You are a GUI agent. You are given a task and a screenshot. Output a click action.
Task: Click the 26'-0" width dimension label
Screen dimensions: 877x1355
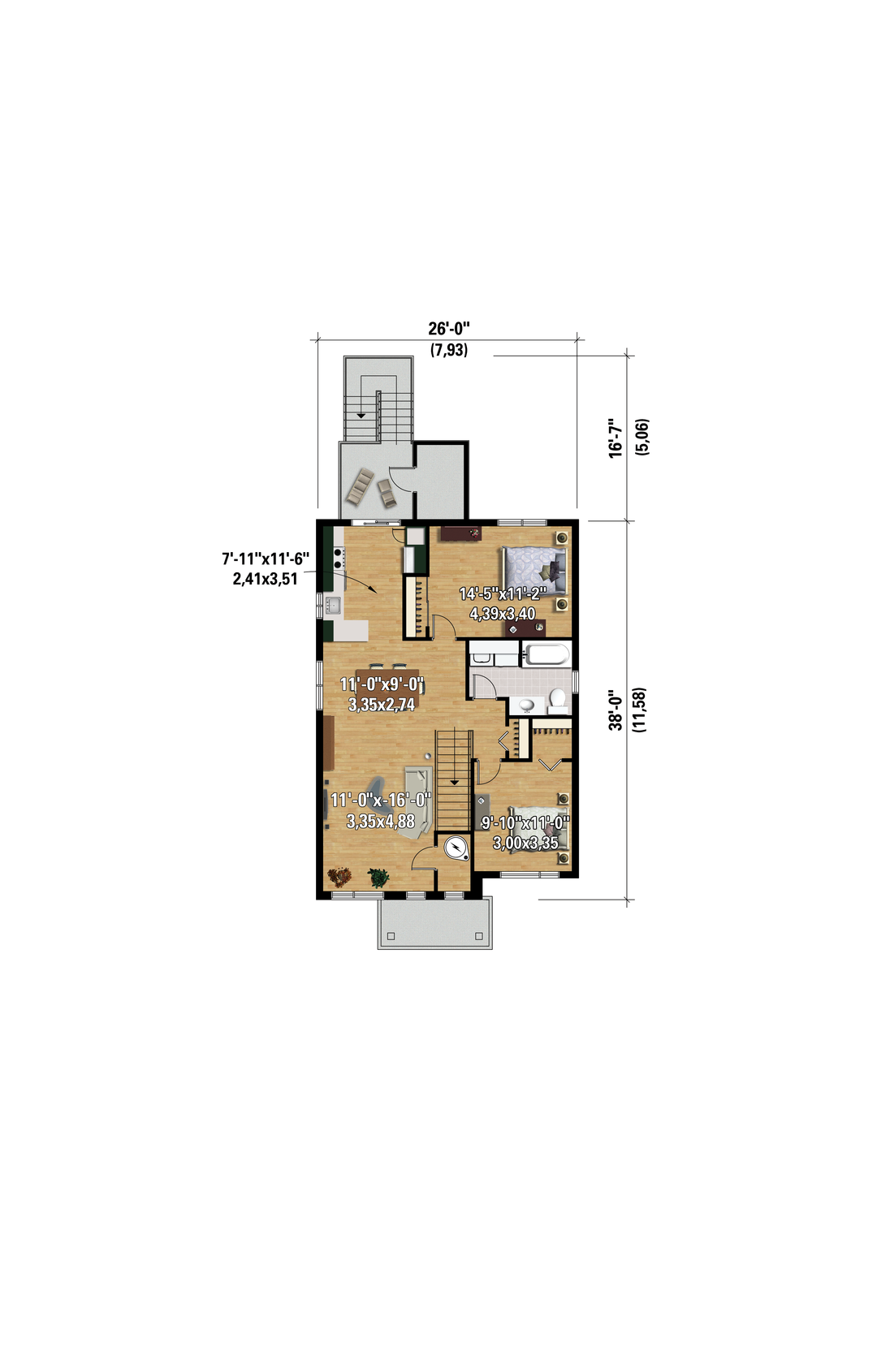coord(449,329)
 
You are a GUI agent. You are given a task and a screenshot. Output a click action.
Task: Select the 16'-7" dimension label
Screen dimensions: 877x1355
coord(616,438)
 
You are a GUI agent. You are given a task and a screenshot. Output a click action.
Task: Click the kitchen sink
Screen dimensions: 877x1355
coord(333,605)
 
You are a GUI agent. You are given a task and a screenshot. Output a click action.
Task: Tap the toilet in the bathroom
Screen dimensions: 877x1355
coord(557,701)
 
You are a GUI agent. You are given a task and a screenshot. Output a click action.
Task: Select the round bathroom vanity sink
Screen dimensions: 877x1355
coord(526,706)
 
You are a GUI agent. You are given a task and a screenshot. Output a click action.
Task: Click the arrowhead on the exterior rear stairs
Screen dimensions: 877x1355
coord(361,415)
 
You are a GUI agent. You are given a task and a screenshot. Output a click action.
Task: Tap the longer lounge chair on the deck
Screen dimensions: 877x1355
coord(357,485)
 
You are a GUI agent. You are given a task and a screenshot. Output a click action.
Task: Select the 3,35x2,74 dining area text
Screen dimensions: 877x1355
coord(382,704)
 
